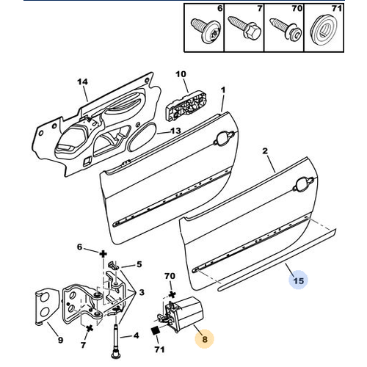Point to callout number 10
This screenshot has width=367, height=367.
tap(181, 74)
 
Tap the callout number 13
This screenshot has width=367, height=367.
tap(175, 131)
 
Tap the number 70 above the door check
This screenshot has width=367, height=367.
tap(170, 277)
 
